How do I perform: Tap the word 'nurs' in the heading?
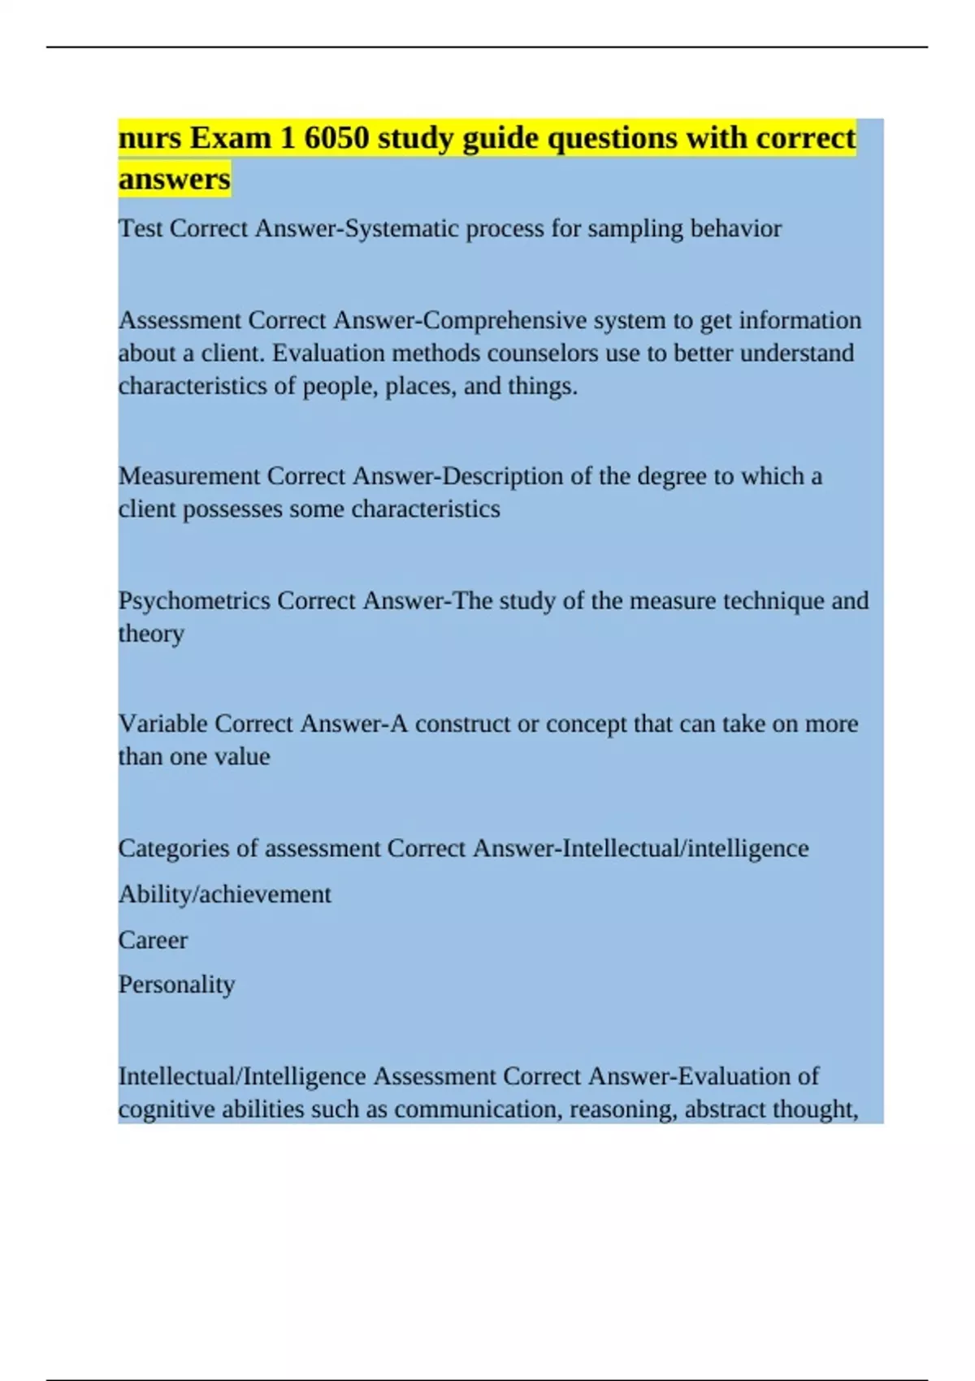point(150,138)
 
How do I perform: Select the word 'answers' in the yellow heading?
point(174,179)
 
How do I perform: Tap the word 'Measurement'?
point(188,476)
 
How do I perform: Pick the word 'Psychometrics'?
point(194,601)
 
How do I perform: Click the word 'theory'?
point(151,634)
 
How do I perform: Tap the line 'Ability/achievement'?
point(224,894)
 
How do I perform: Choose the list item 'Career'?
point(153,940)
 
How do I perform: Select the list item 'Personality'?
point(176,985)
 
